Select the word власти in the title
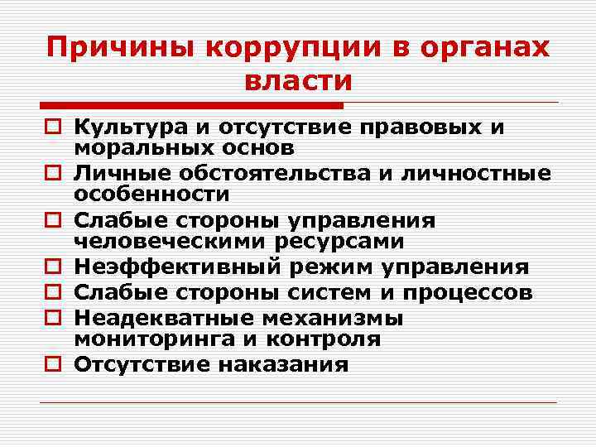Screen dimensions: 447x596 pyautogui.click(x=298, y=80)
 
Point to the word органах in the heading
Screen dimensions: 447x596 pyautogui.click(x=500, y=47)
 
